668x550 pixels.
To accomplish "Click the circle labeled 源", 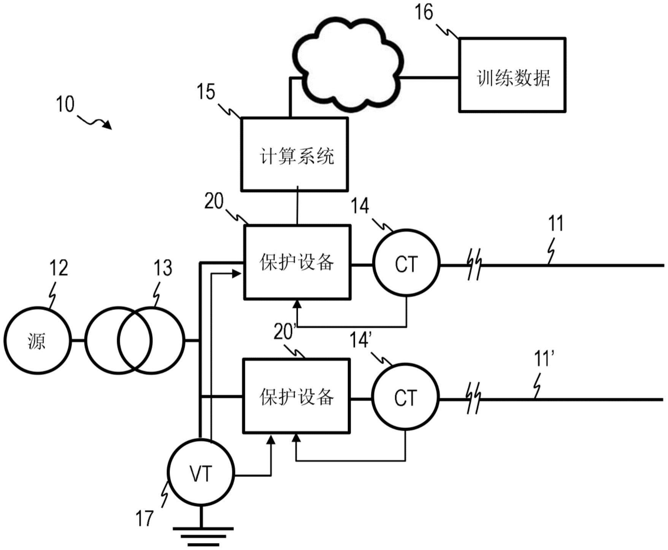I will click(37, 340).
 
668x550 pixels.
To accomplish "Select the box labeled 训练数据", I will click(512, 75).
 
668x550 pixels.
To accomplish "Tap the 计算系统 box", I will click(294, 154).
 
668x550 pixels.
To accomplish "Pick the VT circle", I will click(201, 473).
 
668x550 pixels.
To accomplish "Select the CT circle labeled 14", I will click(406, 263).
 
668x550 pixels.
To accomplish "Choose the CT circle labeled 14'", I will click(405, 398).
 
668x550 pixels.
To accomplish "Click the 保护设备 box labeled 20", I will click(297, 262).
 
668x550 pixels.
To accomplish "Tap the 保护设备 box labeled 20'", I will click(297, 396).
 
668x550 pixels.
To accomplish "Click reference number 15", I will click(206, 92).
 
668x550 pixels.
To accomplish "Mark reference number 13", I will click(163, 268).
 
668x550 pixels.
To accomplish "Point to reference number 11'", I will click(544, 359).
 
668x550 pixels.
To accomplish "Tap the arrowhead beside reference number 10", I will click(108, 125).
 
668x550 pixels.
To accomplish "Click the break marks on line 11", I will click(474, 264).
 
